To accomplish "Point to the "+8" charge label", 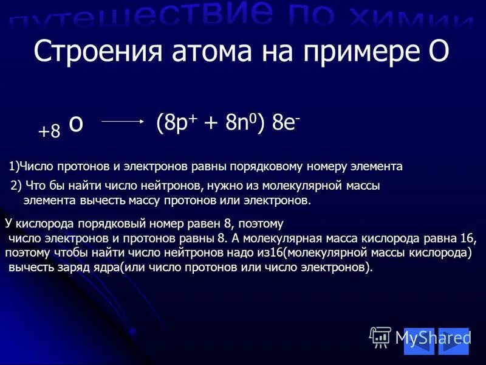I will coord(49,132).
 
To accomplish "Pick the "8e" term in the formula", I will coord(282,121).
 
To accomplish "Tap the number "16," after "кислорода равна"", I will coord(467,238).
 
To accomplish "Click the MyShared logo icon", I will coord(380,336).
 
